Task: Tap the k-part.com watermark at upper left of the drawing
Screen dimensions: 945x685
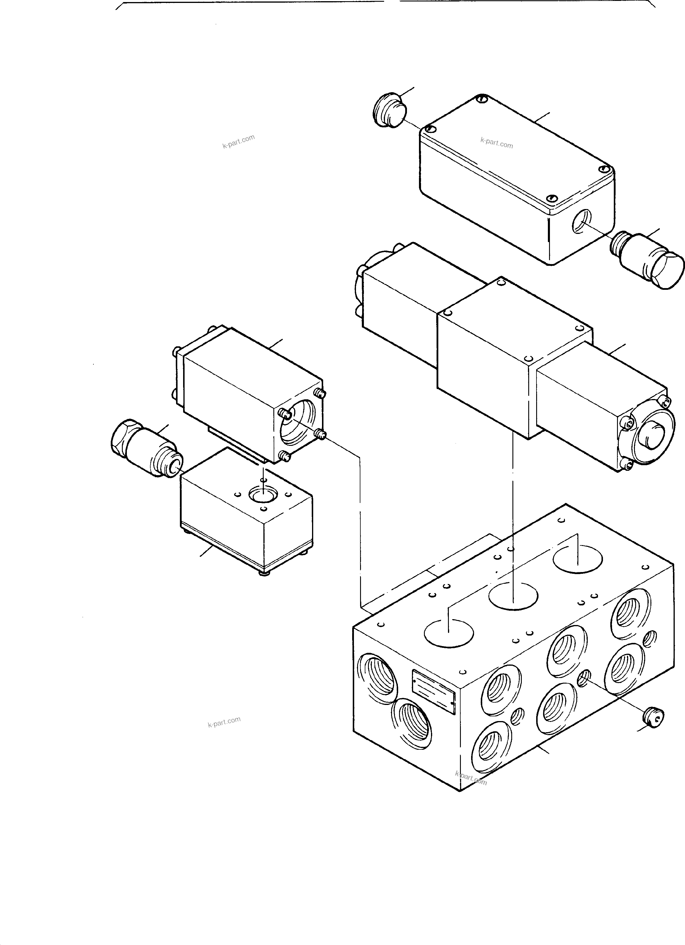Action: [x=238, y=142]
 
